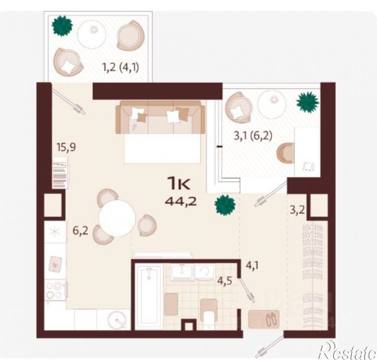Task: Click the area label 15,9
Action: tap(66, 147)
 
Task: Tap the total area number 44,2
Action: tap(181, 201)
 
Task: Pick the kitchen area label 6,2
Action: tap(80, 231)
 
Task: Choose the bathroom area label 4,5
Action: tap(225, 281)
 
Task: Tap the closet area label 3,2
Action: tap(297, 210)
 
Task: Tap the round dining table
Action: tap(118, 219)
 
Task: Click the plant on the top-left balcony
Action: tap(62, 26)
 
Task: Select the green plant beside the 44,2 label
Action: tap(225, 205)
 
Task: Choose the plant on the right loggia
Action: tap(308, 102)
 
